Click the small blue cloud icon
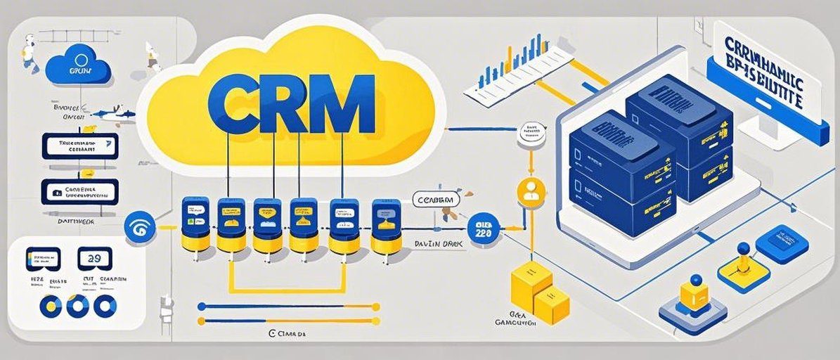tap(79, 62)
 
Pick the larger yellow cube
tap(531, 285)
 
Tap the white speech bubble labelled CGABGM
tap(437, 200)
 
